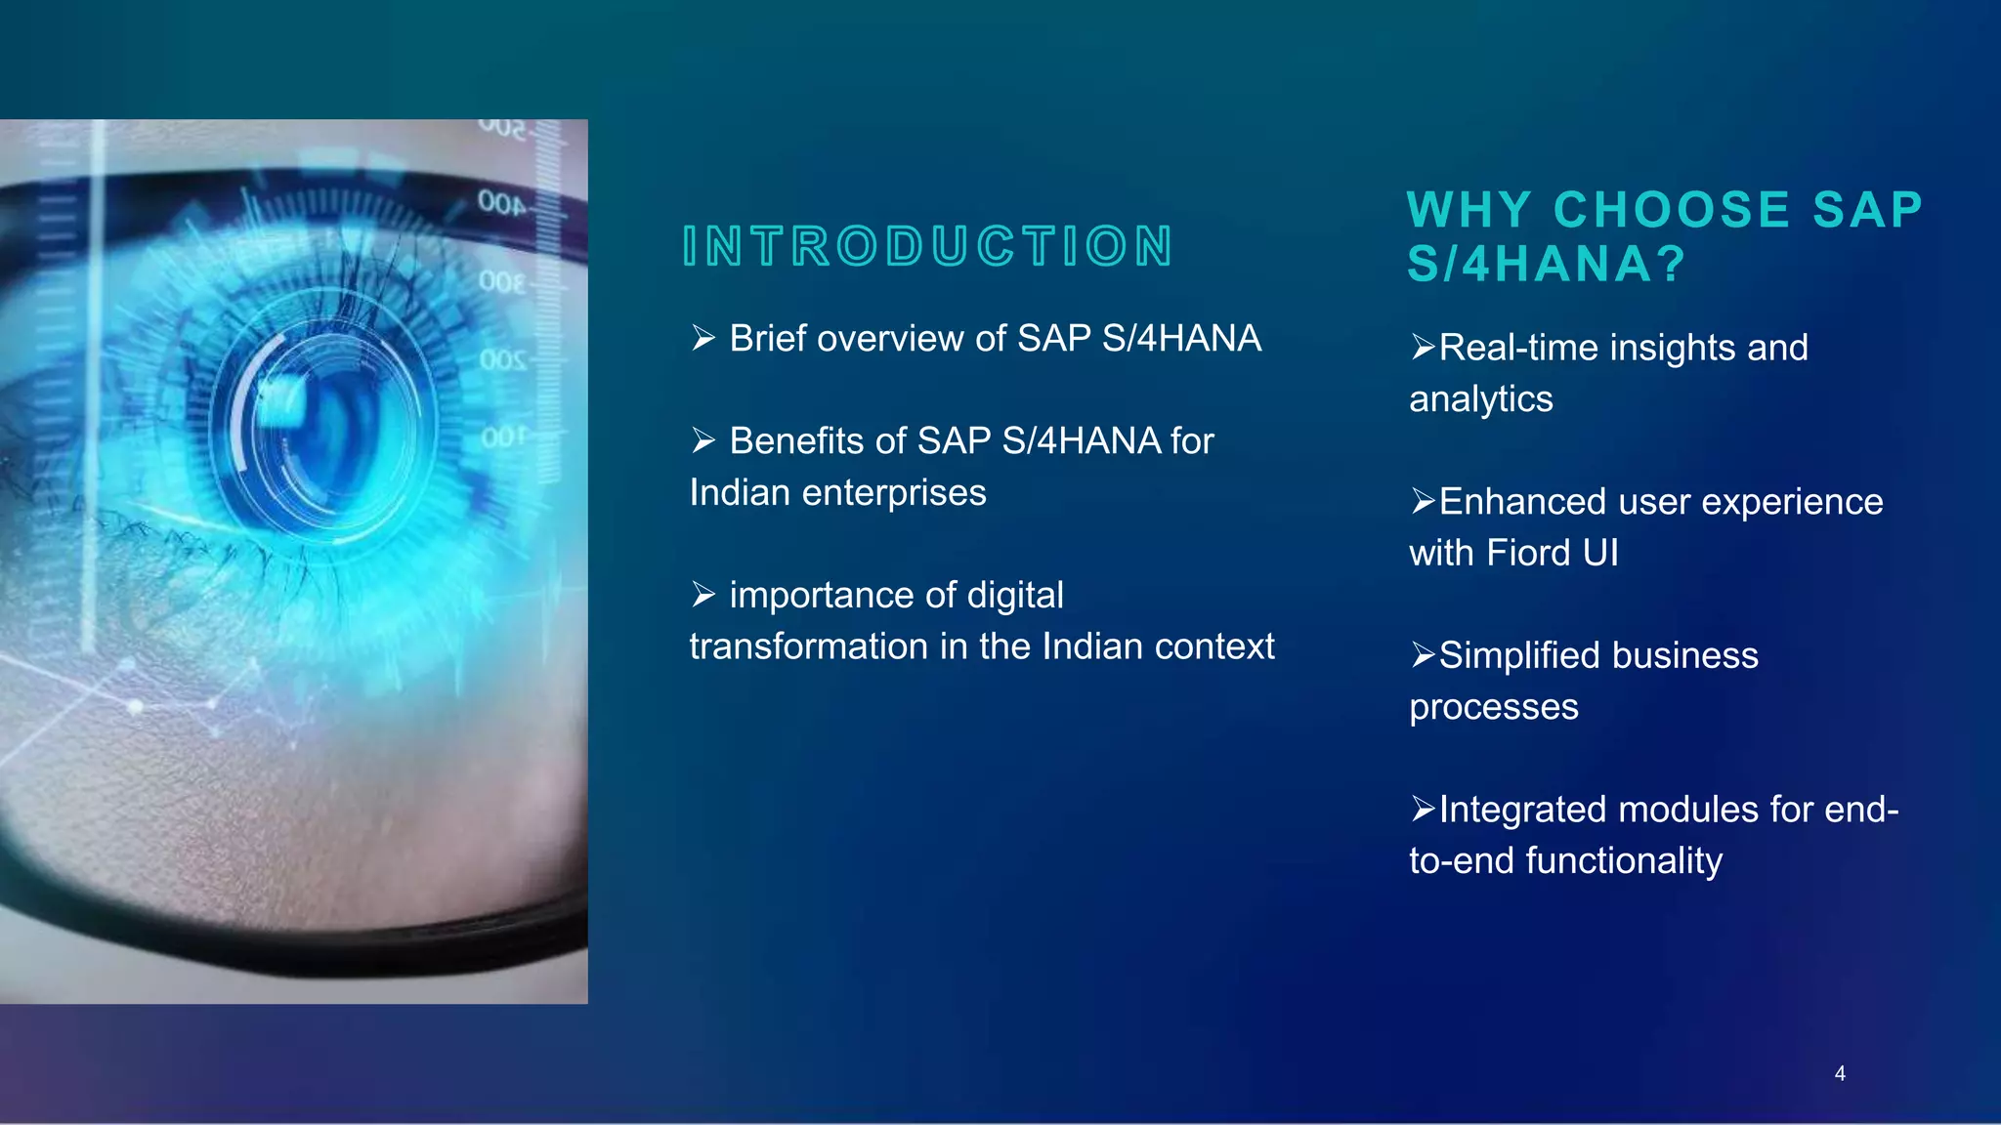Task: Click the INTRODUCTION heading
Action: [927, 246]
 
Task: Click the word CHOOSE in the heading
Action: [1672, 210]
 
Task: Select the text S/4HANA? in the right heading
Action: [1547, 265]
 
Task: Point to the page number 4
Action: [1840, 1073]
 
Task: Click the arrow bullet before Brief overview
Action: [703, 338]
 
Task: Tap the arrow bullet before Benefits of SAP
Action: [703, 440]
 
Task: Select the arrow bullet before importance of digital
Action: [703, 594]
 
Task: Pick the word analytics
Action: [1480, 399]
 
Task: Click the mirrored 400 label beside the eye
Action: [501, 203]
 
